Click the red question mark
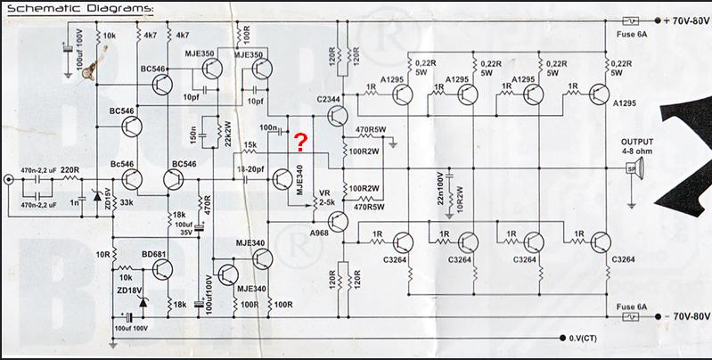pos(302,141)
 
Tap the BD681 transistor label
pos(155,253)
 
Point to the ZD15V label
pos(108,197)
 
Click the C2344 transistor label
pos(329,97)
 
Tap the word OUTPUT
pos(637,142)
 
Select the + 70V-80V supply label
pos(683,20)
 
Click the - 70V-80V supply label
pos(683,316)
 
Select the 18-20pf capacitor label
pos(252,167)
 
